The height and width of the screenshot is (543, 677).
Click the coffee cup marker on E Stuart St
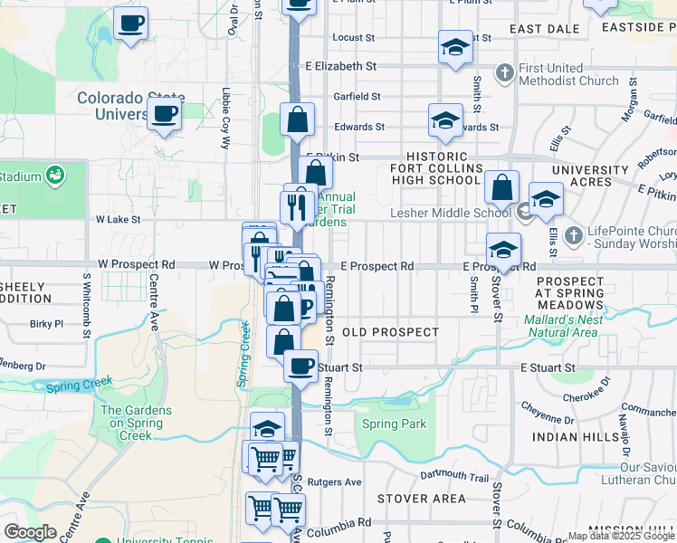click(300, 365)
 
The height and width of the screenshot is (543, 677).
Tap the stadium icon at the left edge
click(55, 174)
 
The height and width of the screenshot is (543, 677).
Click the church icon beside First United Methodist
click(505, 71)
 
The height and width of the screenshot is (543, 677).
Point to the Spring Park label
click(394, 424)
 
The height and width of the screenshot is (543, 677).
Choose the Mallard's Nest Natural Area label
click(560, 326)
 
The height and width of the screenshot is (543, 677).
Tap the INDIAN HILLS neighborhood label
click(574, 436)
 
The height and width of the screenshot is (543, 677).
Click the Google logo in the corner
click(30, 532)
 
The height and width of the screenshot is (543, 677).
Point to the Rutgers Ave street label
click(334, 481)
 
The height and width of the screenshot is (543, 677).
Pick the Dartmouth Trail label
click(454, 477)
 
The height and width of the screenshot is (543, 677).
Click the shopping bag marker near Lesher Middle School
click(501, 188)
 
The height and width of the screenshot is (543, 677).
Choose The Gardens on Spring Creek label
click(138, 423)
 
